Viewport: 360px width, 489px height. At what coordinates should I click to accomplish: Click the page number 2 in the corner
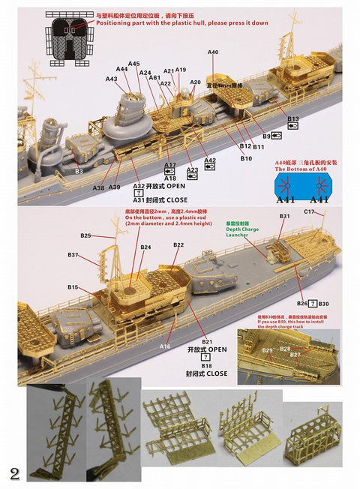[x=14, y=473]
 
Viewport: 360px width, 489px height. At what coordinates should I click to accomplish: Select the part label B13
[x=292, y=119]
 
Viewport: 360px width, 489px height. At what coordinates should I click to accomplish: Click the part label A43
[x=112, y=79]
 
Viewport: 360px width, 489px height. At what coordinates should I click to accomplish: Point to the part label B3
[x=79, y=172]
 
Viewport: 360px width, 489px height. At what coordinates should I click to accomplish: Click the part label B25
[x=85, y=236]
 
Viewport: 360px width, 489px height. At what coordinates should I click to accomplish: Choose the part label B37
[x=73, y=256]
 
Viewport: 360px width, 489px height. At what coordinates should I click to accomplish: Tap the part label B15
[x=73, y=287]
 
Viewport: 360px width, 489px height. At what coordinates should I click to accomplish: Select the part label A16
[x=165, y=346]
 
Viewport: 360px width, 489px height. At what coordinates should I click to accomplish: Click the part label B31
[x=285, y=217]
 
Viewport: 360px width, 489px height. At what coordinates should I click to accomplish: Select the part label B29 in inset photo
[x=268, y=351]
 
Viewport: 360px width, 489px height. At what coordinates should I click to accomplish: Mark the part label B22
[x=178, y=245]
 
